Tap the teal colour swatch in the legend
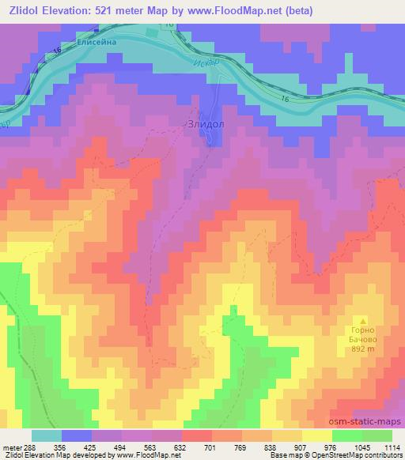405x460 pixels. coord(47,435)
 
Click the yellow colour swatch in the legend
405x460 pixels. coord(316,435)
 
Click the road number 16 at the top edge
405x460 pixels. coord(169,26)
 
